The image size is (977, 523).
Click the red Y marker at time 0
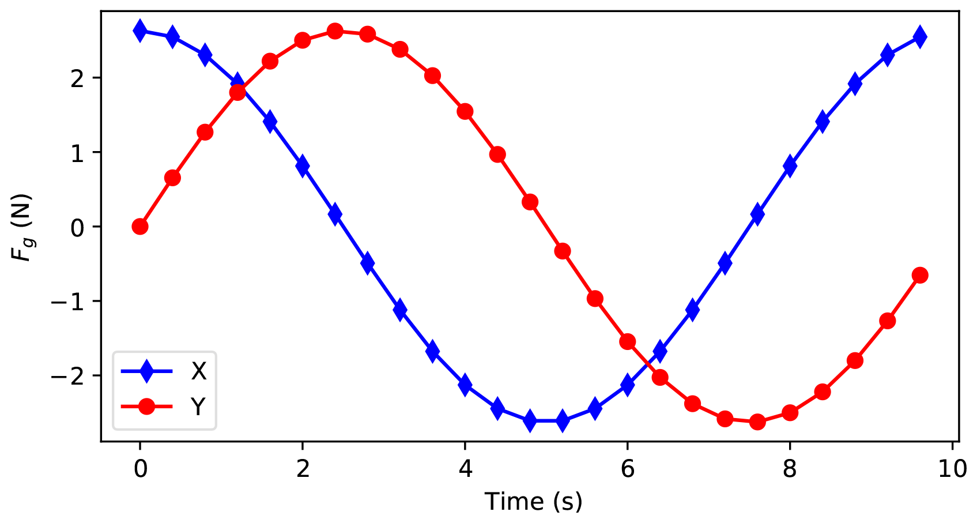coord(140,227)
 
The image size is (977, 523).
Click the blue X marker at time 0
coord(140,31)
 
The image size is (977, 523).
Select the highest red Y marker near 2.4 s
coord(335,31)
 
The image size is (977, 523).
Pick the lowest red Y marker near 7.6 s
coord(757,422)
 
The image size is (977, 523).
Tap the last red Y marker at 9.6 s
coord(920,275)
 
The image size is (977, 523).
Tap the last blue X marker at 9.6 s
coord(920,37)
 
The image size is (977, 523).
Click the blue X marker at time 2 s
coord(303,166)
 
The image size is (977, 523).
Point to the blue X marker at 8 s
coord(790,166)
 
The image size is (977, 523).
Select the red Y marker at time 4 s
coord(465,111)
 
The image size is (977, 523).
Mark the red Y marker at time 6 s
coord(627,342)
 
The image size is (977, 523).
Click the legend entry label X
coord(198,372)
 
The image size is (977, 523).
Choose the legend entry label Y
coord(198,407)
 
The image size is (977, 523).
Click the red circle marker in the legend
coord(147,407)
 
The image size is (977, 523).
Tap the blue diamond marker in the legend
coord(147,371)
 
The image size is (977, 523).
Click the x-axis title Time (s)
coord(533,502)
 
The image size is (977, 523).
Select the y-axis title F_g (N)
coord(24,227)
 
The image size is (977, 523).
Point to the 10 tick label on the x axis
coord(952,469)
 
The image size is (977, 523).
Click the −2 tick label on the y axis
coord(67,376)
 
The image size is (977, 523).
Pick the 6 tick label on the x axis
coord(627,469)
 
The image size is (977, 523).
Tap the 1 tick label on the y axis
coord(77,152)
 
